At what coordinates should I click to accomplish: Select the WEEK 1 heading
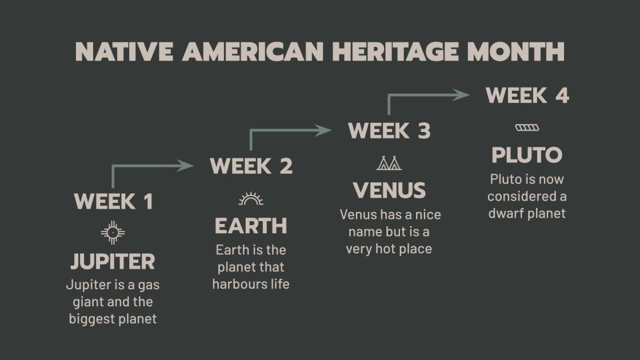[x=113, y=202]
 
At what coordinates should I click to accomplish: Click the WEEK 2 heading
[x=251, y=166]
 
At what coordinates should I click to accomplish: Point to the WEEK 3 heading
[x=389, y=131]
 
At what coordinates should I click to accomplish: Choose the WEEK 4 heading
[x=527, y=95]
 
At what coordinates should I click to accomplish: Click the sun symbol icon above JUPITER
[x=113, y=232]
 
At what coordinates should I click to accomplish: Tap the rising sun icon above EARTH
[x=251, y=199]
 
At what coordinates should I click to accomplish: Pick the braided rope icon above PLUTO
[x=527, y=127]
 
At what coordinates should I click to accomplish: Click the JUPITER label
[x=113, y=262]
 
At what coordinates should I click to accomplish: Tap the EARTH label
[x=251, y=226]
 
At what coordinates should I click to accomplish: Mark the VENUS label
[x=389, y=191]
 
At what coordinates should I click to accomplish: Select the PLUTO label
[x=527, y=155]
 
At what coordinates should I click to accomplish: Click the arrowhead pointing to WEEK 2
[x=186, y=166]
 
